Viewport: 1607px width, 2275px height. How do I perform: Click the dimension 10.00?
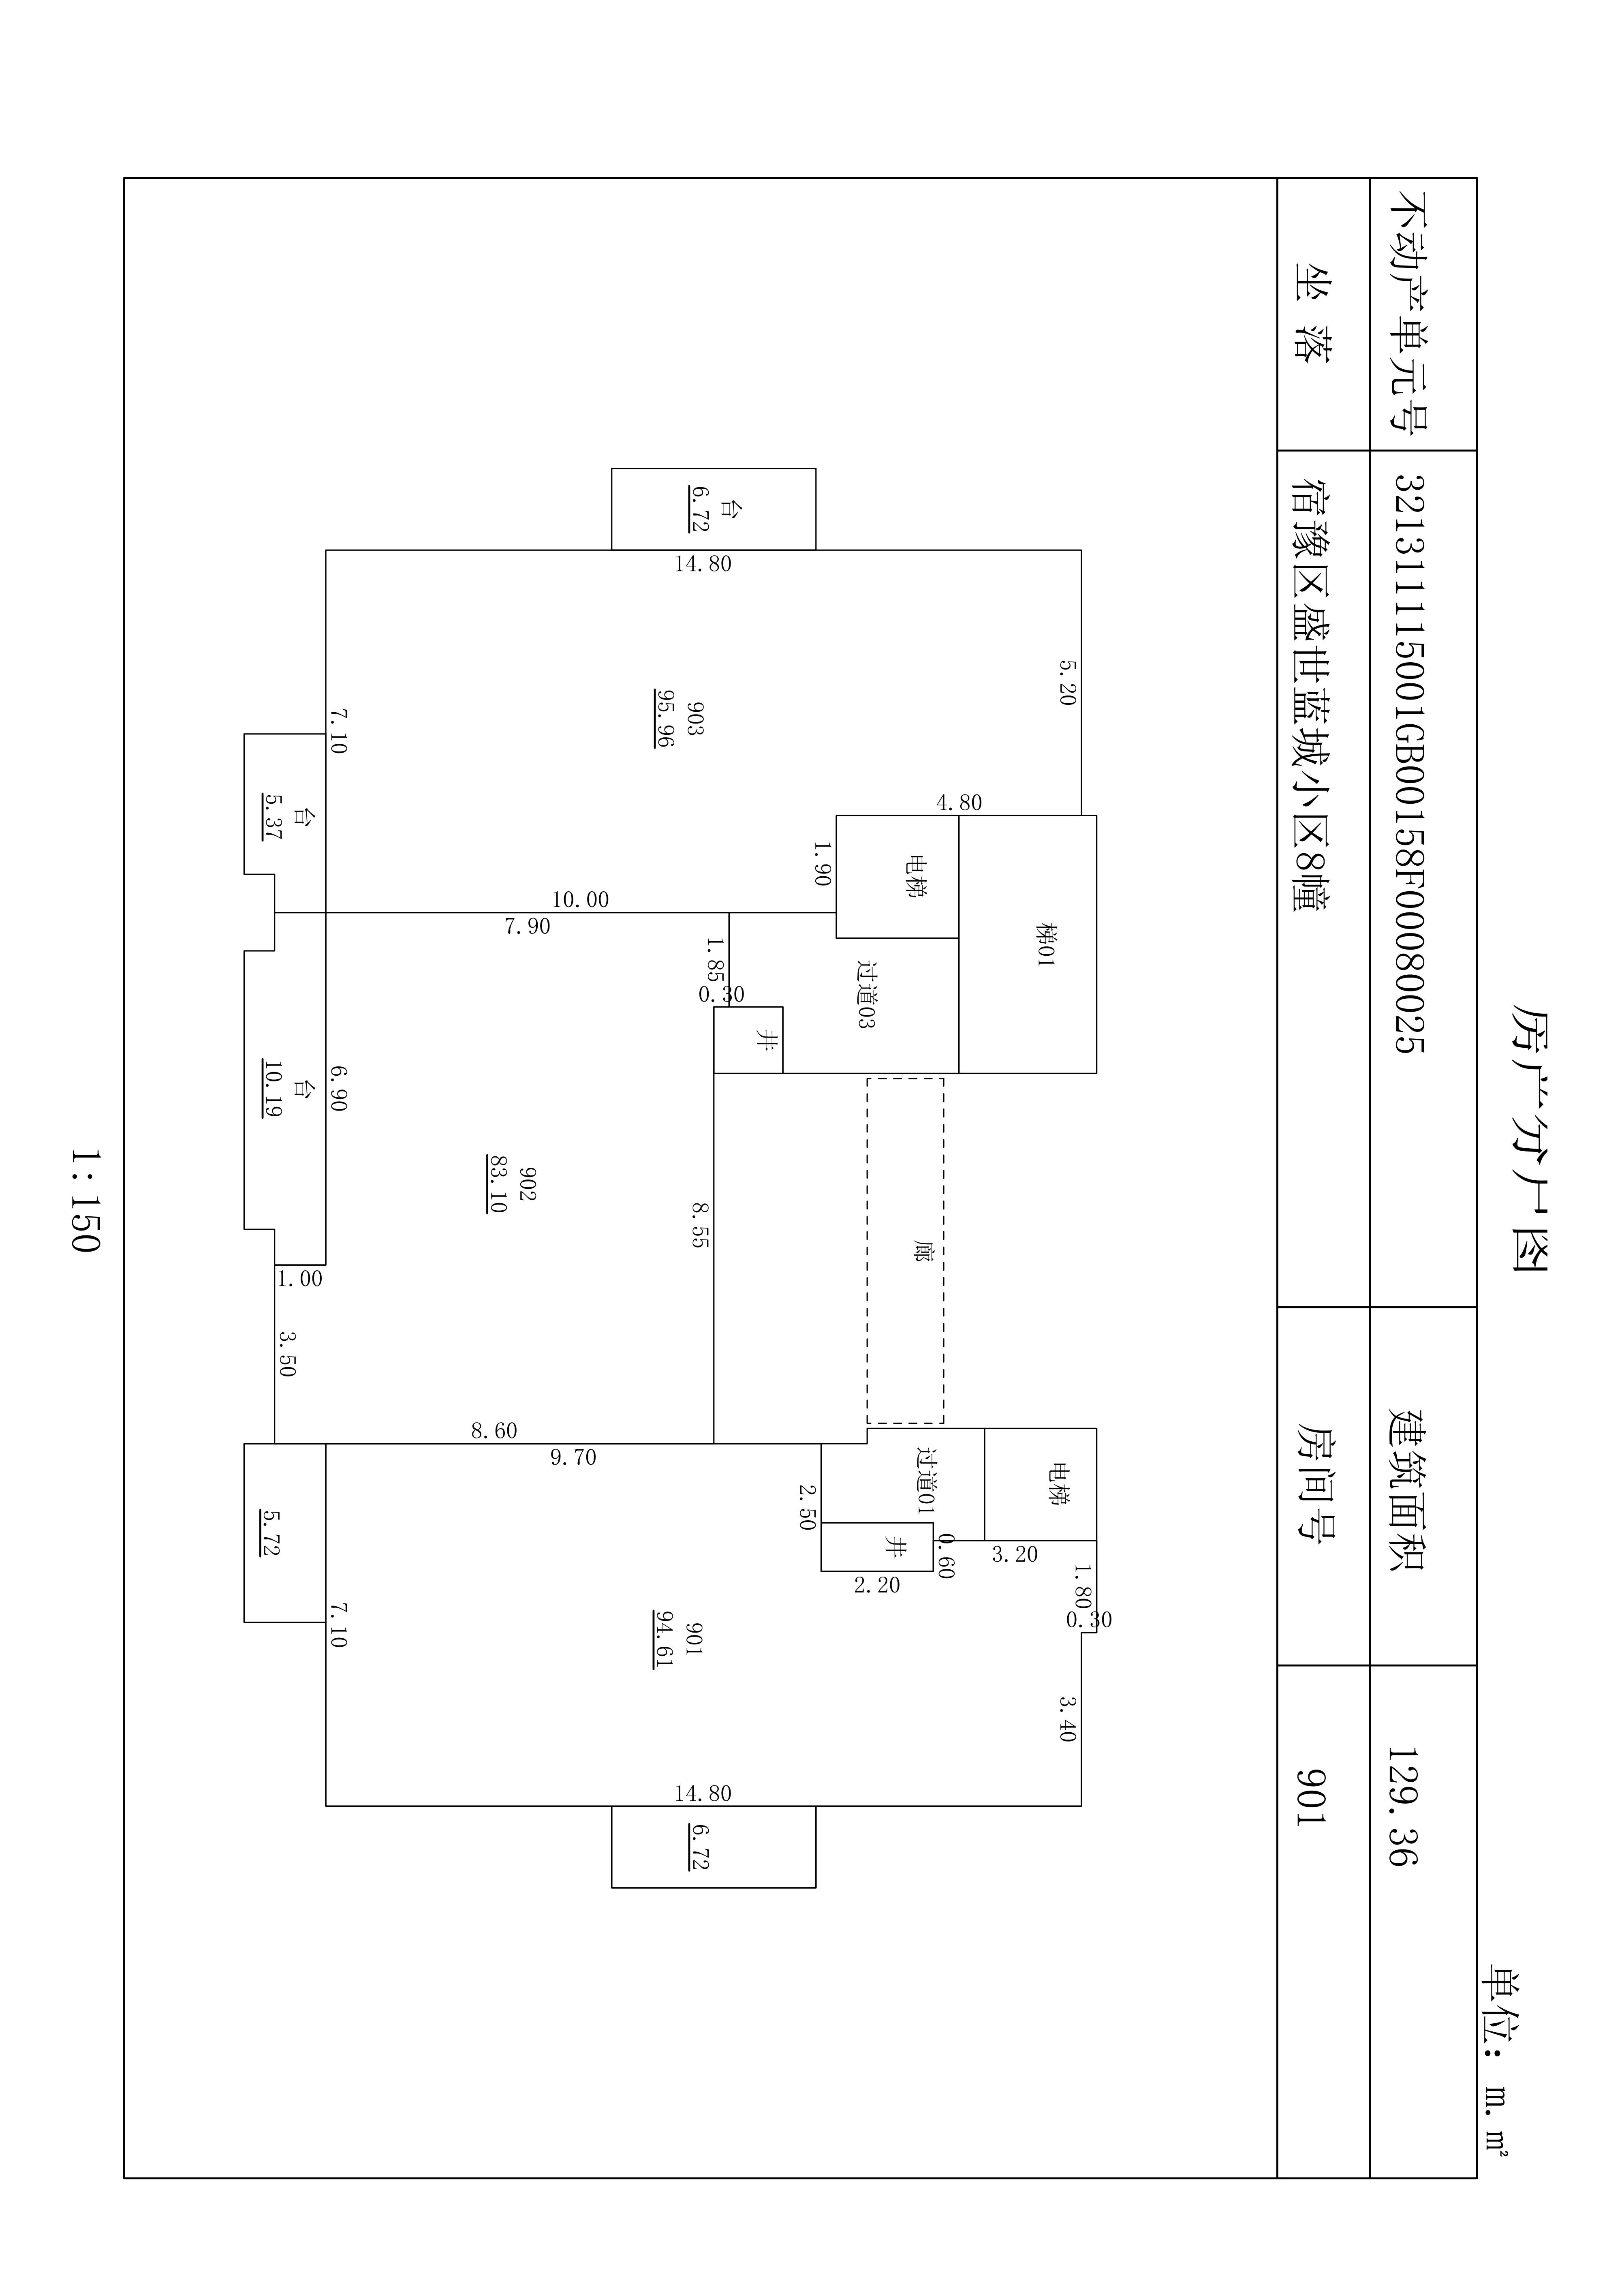click(581, 900)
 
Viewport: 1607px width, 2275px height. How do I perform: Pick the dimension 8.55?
click(699, 1225)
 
